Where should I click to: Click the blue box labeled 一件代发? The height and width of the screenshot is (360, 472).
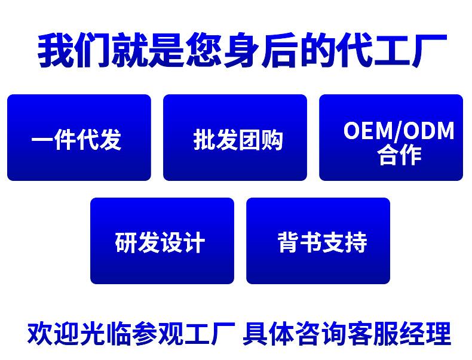point(79,137)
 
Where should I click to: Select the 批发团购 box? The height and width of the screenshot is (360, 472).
point(235,137)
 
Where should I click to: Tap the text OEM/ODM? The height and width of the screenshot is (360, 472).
point(399,131)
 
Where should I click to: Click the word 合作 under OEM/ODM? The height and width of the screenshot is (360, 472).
point(399,155)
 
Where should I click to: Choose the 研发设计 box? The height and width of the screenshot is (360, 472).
point(163,241)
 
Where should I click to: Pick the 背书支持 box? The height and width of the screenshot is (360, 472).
point(318,241)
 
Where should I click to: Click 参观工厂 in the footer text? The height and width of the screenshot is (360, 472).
point(183,333)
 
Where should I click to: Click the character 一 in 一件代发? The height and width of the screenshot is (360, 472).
point(42,139)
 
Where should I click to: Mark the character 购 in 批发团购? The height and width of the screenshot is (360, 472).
point(272,140)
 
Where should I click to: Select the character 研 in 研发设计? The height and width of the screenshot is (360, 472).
point(126,242)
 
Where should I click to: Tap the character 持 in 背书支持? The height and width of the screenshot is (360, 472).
point(357,242)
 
